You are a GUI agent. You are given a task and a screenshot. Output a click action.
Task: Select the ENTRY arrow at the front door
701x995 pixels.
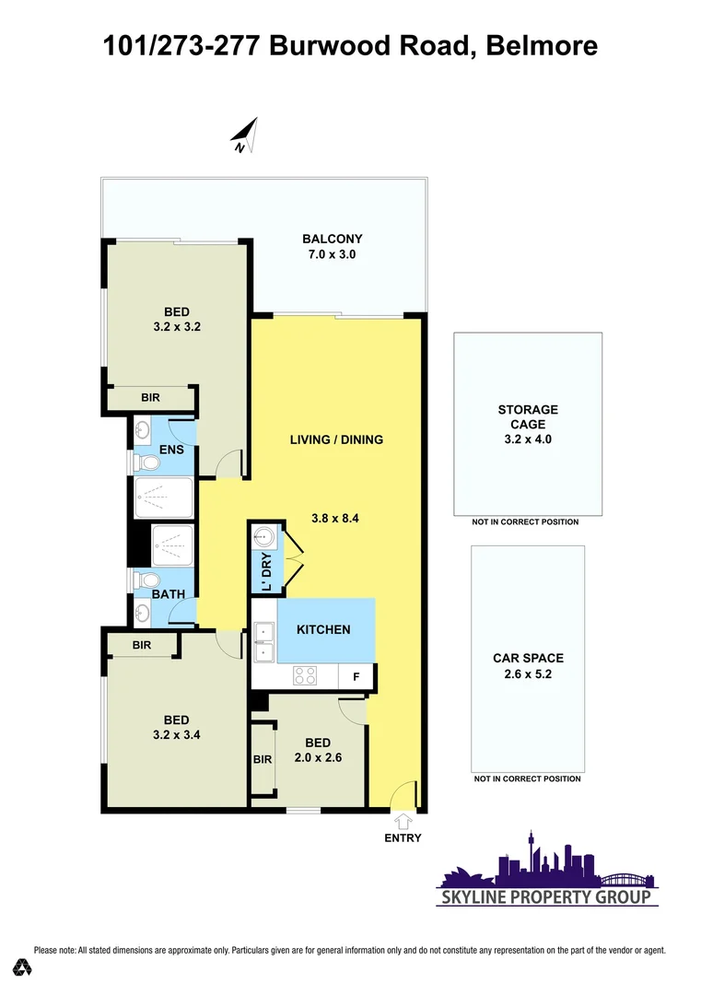click(x=403, y=821)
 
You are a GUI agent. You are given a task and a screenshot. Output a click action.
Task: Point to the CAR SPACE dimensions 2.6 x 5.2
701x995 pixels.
click(x=528, y=673)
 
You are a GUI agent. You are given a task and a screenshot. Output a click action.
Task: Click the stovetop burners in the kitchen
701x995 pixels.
click(x=306, y=675)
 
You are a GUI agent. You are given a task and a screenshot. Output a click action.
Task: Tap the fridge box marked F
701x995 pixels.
click(x=356, y=677)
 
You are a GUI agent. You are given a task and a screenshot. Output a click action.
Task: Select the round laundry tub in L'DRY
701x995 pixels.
click(x=263, y=535)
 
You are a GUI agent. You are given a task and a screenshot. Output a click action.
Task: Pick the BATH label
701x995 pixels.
click(x=169, y=596)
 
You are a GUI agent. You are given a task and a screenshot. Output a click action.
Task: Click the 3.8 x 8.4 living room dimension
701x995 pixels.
click(x=333, y=518)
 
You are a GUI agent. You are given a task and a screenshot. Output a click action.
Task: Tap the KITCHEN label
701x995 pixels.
click(x=322, y=629)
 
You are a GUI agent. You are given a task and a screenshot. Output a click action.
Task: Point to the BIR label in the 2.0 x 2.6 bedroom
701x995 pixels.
click(x=262, y=759)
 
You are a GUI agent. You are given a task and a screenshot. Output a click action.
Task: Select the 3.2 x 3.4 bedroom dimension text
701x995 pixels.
click(x=177, y=735)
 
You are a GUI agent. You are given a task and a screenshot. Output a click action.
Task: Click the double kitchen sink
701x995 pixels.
click(x=265, y=640)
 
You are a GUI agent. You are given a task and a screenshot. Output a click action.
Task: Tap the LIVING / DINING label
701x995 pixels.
click(x=336, y=439)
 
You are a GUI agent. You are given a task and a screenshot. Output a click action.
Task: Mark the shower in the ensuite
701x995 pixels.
click(x=164, y=497)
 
